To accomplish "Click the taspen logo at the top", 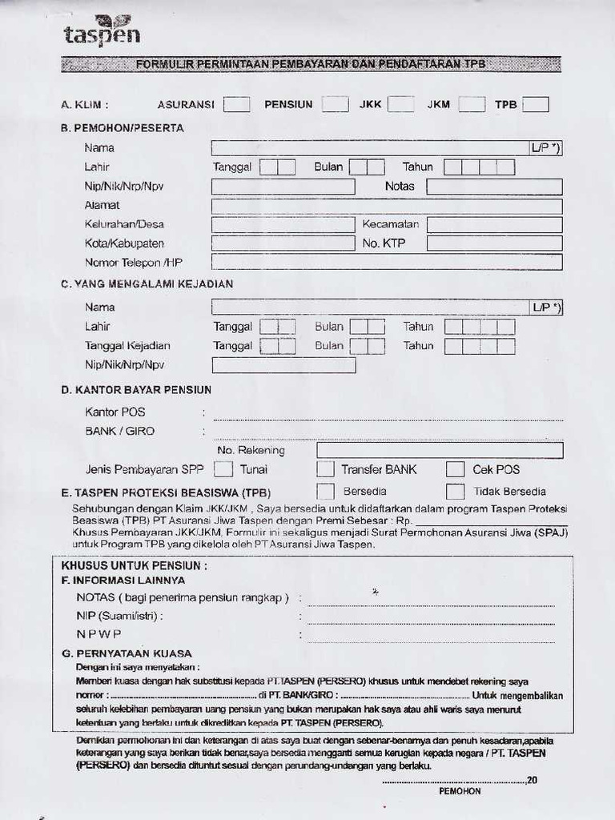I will pyautogui.click(x=102, y=31).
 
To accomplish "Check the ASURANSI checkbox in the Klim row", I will pyautogui.click(x=236, y=104).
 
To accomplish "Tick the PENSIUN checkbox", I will pyautogui.click(x=335, y=104).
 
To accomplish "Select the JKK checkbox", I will pyautogui.click(x=400, y=104).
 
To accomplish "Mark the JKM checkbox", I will pyautogui.click(x=472, y=104).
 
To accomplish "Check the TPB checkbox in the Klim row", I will pyautogui.click(x=535, y=104).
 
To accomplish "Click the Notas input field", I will pyautogui.click(x=494, y=187).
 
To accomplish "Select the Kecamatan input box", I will pyautogui.click(x=494, y=225).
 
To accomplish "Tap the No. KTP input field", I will pyautogui.click(x=494, y=243).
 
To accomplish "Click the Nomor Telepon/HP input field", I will pyautogui.click(x=387, y=262).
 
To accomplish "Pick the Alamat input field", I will pyautogui.click(x=387, y=206).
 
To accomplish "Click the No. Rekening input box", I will pyautogui.click(x=440, y=450).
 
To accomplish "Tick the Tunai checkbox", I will pyautogui.click(x=224, y=469).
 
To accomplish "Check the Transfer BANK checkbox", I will pyautogui.click(x=325, y=469).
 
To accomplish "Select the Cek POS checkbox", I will pyautogui.click(x=455, y=469).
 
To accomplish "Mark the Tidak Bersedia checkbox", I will pyautogui.click(x=455, y=492).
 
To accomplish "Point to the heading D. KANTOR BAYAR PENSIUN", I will pyautogui.click(x=136, y=390).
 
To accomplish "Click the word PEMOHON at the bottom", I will pyautogui.click(x=460, y=791).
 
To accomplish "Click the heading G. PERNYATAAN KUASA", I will pyautogui.click(x=127, y=653).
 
